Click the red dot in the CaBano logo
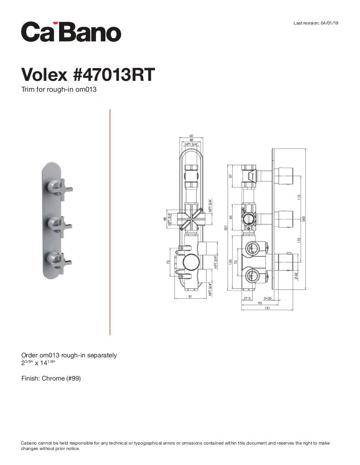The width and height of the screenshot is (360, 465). [x=55, y=23]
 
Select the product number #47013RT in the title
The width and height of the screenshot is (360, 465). [x=114, y=74]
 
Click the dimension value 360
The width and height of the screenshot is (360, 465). [x=303, y=219]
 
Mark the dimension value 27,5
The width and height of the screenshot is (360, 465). [x=247, y=298]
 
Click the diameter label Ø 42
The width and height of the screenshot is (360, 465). [x=296, y=275]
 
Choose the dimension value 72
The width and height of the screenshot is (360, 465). [x=168, y=262]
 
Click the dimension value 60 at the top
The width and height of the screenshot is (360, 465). [x=191, y=136]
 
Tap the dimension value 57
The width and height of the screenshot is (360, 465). [x=231, y=175]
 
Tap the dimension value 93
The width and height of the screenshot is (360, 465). [x=260, y=303]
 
